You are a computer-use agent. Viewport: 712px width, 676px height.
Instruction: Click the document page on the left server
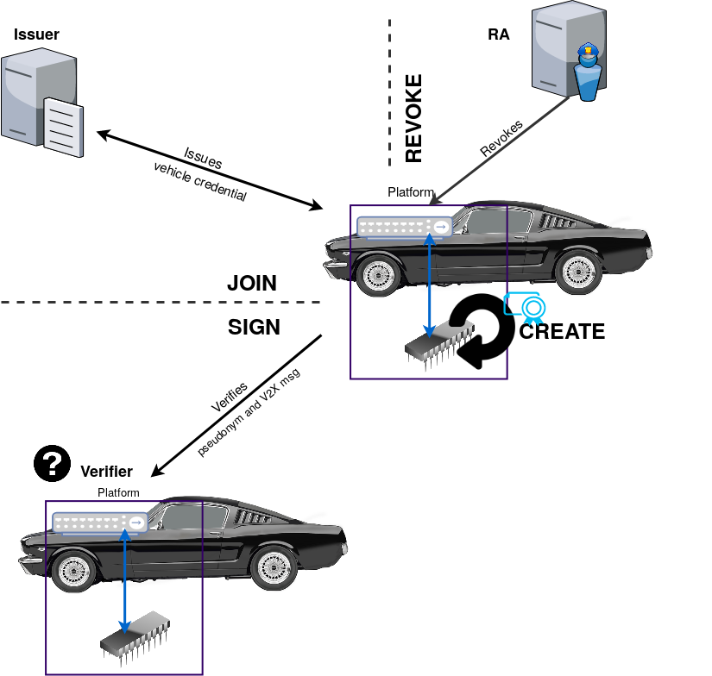click(63, 126)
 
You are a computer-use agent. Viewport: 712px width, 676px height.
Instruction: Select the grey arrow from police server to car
click(501, 147)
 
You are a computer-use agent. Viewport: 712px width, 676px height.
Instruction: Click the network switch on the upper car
click(404, 227)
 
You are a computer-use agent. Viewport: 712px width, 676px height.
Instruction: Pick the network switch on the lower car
click(99, 523)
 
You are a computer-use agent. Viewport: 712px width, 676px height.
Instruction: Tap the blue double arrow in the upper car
click(430, 285)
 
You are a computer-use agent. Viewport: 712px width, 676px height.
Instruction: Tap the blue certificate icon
click(526, 308)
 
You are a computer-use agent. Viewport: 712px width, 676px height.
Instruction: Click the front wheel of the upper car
click(377, 275)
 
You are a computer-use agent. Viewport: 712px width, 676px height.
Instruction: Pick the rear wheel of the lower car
click(274, 567)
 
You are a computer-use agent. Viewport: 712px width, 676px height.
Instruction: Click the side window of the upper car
click(488, 222)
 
